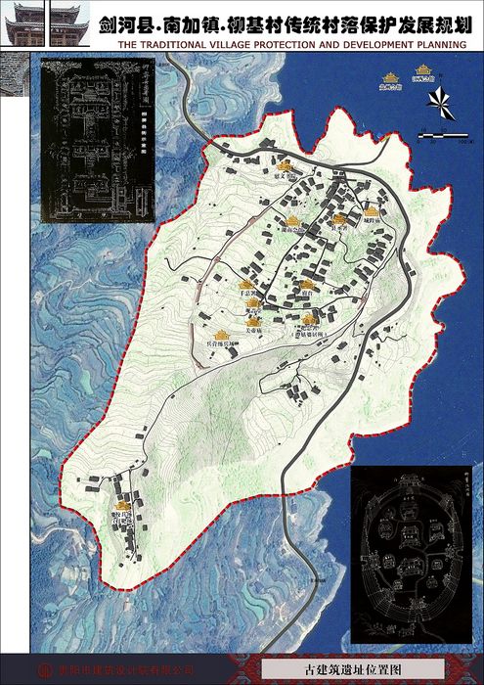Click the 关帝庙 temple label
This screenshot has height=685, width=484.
click(x=254, y=333)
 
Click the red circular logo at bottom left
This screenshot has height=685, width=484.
click(x=44, y=670)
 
